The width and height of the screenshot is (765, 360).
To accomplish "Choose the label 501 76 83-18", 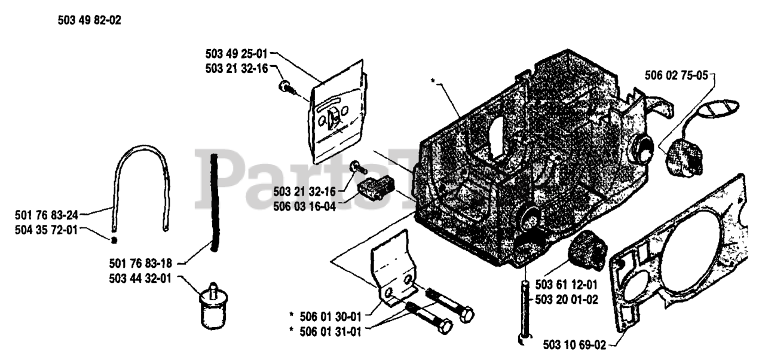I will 142,261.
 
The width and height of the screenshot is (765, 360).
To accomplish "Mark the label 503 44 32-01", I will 142,278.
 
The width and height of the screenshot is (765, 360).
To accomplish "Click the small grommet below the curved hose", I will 113,240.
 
